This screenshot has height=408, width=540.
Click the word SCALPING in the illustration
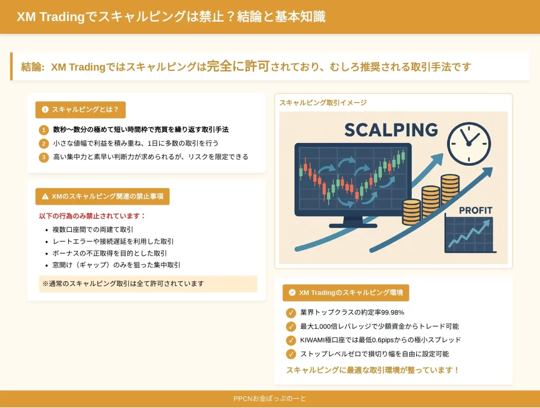(391, 130)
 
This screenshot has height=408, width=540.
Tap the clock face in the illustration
(469, 144)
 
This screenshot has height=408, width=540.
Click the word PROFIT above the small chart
(476, 210)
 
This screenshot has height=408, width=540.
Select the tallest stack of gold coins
(450, 189)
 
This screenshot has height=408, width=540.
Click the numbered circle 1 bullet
(44, 130)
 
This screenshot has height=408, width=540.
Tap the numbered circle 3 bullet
(44, 157)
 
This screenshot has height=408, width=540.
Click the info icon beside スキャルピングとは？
(45, 110)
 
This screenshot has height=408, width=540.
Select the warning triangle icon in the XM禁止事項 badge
(45, 196)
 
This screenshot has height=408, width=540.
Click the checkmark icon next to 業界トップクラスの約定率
(291, 312)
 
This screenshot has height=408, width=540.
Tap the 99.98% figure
(392, 312)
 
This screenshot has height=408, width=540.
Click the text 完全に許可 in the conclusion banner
(238, 66)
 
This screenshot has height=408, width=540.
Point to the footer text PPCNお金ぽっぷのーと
(269, 398)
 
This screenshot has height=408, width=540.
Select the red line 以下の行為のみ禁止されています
(92, 216)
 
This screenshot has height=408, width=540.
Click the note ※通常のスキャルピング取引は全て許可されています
(123, 283)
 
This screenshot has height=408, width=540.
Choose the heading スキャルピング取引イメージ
(323, 103)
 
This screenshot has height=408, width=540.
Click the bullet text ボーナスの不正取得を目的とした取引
(110, 253)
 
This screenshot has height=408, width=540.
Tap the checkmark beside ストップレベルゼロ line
(291, 354)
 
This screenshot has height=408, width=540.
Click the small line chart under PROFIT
(469, 235)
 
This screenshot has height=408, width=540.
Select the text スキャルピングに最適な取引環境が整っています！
(373, 370)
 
